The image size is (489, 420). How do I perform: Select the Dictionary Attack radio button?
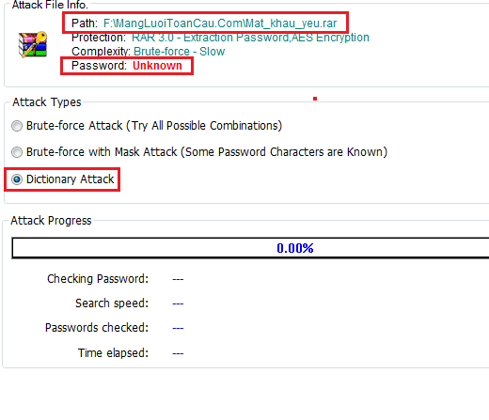(17, 179)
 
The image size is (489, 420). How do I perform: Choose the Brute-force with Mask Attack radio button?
(17, 152)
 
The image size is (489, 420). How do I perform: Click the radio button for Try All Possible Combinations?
(17, 126)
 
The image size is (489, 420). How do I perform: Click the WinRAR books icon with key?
(33, 45)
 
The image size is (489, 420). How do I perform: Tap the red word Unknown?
(157, 66)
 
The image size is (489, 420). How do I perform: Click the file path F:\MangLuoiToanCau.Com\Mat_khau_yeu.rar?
(220, 23)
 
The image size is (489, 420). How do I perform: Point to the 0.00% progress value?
(295, 248)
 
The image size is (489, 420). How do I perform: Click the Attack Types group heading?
(47, 102)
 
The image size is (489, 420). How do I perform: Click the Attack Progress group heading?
(51, 221)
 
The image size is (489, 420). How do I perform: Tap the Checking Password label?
(98, 279)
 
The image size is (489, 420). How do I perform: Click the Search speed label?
(112, 303)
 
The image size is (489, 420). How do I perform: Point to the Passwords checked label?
(97, 328)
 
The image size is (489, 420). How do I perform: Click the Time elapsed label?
(113, 353)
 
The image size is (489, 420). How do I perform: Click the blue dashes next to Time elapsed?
(178, 353)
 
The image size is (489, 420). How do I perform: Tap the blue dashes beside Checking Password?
(178, 279)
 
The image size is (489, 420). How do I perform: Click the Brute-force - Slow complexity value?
(180, 52)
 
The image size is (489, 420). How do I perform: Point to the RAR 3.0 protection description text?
(250, 38)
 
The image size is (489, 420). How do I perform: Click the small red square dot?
(315, 99)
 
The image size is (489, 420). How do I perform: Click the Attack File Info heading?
(50, 5)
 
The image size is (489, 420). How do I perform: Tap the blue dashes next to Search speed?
(178, 303)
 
